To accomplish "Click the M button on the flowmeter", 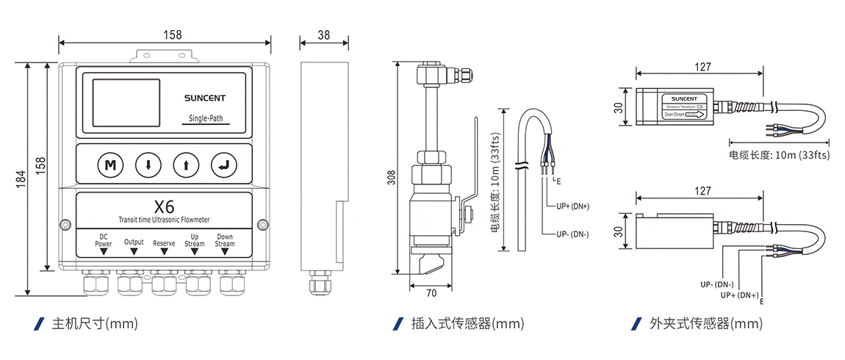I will point(109,165).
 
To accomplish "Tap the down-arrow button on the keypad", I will point(148,165).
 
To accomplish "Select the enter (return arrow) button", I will point(223,165).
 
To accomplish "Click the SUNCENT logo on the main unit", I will point(205,97).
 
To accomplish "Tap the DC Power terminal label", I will point(104,240).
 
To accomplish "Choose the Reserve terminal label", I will point(164,242).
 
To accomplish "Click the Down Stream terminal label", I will point(225,240).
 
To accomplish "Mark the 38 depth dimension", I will point(324,35).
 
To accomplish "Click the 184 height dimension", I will point(21,179).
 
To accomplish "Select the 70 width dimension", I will point(431,293).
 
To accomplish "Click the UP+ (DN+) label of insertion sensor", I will point(573,206).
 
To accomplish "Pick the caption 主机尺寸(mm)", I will point(88,323).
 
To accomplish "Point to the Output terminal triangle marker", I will point(134,251).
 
